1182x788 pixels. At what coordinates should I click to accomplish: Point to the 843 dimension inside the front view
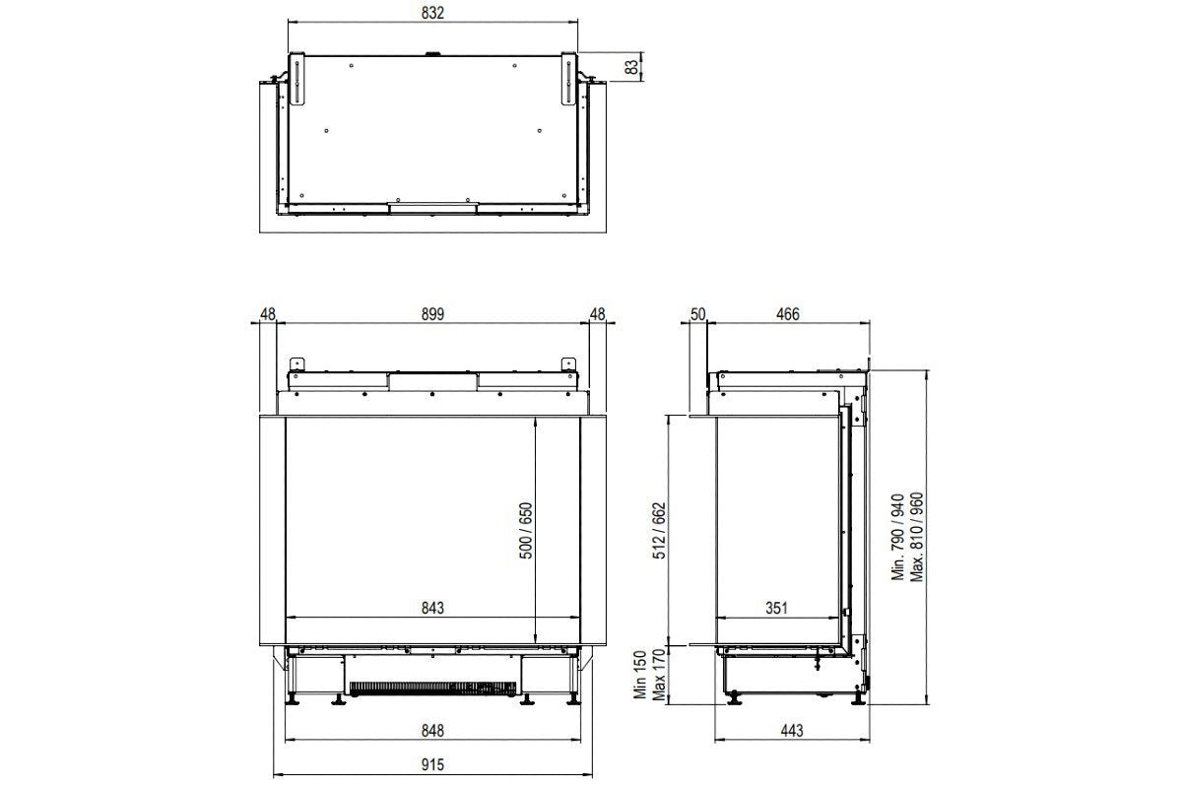[x=431, y=608]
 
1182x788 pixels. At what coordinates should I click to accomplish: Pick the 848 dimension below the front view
[x=433, y=731]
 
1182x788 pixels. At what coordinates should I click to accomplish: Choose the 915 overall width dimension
[x=433, y=763]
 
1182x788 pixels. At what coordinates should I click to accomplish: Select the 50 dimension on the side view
[x=697, y=314]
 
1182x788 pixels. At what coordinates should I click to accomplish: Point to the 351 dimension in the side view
[x=776, y=608]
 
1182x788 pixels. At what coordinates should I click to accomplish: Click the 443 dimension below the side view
[x=792, y=731]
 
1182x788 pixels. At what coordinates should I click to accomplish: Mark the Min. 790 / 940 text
[x=897, y=537]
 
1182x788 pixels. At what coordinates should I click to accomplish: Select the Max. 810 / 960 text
[x=917, y=537]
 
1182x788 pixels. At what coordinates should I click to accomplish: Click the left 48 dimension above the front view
[x=268, y=314]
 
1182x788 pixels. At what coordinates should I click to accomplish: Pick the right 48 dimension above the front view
[x=597, y=314]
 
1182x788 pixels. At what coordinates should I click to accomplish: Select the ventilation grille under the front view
[x=433, y=687]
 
